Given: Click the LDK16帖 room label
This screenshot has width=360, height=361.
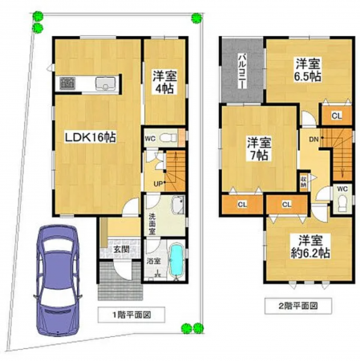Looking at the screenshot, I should (91, 138).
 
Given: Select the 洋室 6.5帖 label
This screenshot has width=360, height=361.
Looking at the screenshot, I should (305, 70).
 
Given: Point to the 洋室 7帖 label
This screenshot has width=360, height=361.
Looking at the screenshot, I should (257, 150).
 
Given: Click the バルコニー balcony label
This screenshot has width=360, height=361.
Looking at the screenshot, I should (241, 69).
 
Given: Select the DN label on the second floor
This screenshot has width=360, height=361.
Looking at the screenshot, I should (312, 138).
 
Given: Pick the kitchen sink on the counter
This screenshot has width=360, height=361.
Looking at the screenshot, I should (105, 82).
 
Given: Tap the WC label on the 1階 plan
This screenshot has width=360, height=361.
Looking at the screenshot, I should (150, 138).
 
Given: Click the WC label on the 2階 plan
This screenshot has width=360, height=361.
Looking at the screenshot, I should (342, 189).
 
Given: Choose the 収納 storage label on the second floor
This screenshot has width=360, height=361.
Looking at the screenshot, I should (304, 181).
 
